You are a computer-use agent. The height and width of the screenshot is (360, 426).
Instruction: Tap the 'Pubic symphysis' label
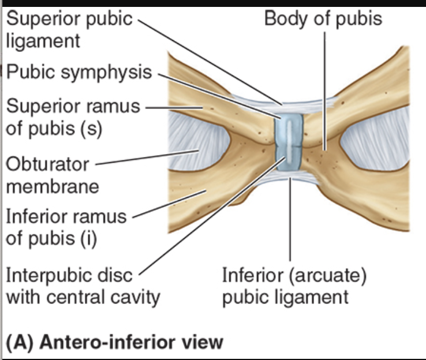[79, 73]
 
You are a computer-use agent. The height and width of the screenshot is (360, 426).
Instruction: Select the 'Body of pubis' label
[323, 18]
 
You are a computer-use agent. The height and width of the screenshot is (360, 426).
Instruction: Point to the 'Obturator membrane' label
[53, 175]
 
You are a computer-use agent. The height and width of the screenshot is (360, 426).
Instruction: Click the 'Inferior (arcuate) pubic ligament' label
[294, 286]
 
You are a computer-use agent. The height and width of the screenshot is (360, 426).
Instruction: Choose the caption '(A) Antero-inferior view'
[114, 341]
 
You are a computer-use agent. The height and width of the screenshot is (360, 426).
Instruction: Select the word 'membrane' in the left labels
[53, 186]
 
